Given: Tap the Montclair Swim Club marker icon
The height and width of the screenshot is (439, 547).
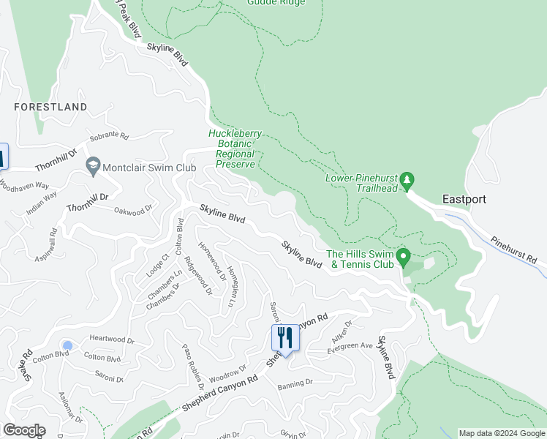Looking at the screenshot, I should (93, 167).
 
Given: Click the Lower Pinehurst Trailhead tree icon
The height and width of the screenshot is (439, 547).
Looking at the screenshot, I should (408, 179).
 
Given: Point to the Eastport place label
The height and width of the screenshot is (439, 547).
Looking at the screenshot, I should (464, 199).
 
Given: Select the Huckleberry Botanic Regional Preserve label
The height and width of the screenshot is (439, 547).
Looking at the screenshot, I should (232, 149).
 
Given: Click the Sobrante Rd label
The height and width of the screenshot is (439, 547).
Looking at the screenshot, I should (109, 137).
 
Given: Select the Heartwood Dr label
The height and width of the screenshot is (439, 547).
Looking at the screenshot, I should (112, 340).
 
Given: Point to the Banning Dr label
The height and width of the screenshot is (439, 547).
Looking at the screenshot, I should (295, 382).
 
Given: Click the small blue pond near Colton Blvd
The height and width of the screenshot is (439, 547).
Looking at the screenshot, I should (68, 345).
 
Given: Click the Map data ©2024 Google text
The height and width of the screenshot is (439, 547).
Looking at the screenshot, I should (501, 433).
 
